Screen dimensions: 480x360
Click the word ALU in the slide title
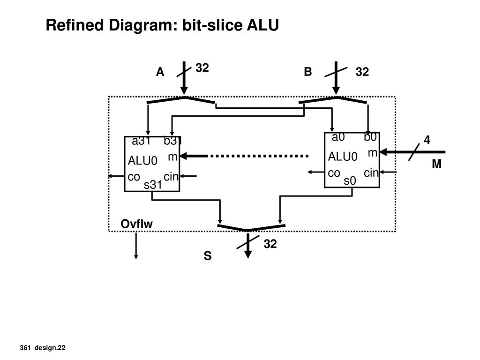[263, 25]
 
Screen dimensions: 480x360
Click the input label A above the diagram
[160, 72]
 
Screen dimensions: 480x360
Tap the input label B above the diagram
[308, 72]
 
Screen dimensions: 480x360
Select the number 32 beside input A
[202, 67]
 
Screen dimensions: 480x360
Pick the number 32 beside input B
[362, 72]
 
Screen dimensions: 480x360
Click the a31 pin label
[141, 141]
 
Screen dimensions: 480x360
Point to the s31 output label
[153, 185]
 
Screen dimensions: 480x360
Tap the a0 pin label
[338, 137]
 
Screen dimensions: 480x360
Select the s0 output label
[350, 180]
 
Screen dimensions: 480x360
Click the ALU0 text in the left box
[142, 160]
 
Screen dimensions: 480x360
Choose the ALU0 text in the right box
[343, 157]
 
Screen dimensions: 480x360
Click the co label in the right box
[334, 173]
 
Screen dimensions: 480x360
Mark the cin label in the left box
[171, 177]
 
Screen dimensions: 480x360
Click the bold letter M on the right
[437, 164]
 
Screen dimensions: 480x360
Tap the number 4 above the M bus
[427, 140]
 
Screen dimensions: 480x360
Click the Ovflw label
[136, 224]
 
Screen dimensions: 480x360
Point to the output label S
[208, 255]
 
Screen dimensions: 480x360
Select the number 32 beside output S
[270, 244]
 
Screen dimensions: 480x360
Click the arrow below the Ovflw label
[136, 246]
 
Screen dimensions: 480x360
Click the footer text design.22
[50, 348]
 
